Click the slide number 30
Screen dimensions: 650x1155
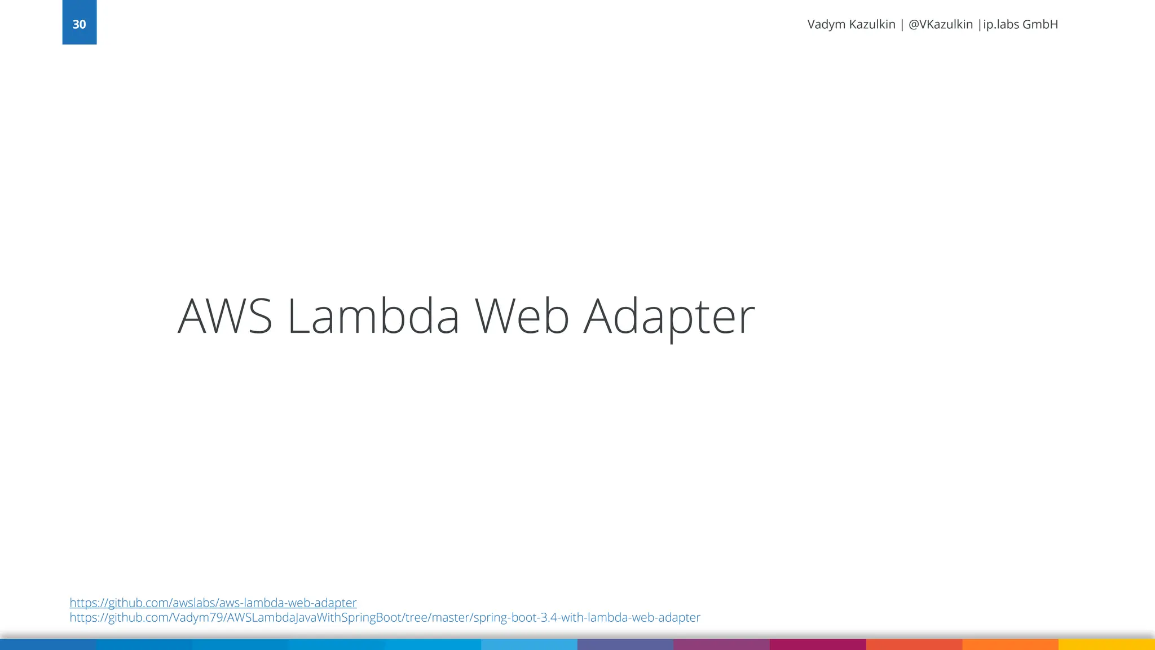point(79,24)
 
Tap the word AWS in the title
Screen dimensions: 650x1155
point(225,317)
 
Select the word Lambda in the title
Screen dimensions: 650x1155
point(373,317)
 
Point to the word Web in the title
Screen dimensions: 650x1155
point(522,317)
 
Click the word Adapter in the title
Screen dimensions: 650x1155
point(669,317)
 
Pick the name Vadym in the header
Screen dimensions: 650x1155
point(826,24)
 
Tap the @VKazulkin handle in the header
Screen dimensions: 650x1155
point(941,24)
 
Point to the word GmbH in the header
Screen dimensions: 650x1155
point(1041,24)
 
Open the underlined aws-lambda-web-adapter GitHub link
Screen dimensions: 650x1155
point(213,603)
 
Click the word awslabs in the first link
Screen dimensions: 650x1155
point(193,603)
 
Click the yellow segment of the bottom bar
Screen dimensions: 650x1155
point(1106,644)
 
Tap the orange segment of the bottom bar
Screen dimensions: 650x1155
point(1010,644)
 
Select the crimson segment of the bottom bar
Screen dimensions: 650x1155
point(818,644)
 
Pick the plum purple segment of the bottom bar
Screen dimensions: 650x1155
point(721,644)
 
